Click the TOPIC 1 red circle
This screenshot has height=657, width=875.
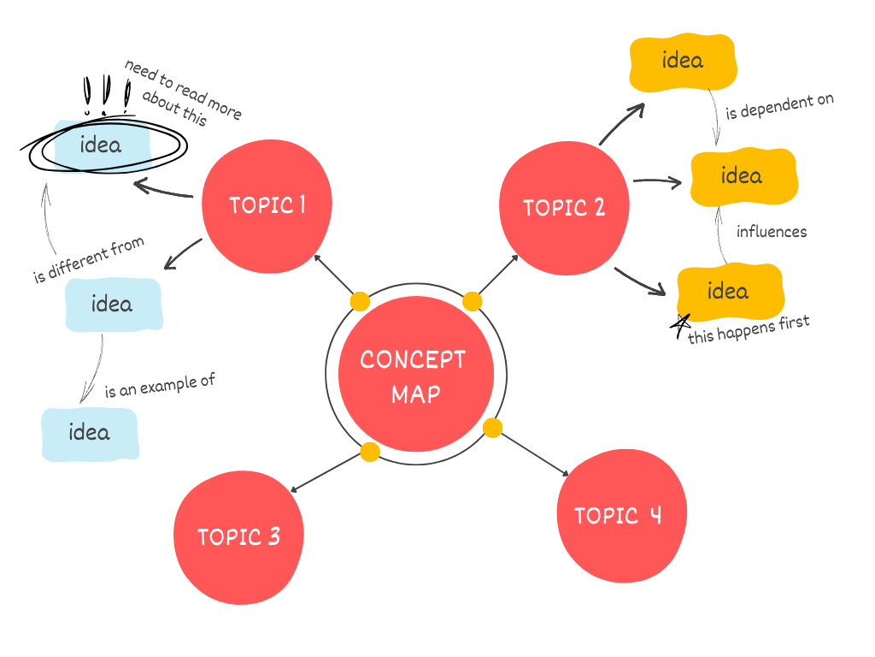[267, 205]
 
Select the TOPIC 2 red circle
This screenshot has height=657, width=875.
[564, 208]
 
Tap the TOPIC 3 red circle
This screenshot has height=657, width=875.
[238, 537]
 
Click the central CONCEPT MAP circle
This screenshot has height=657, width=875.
[415, 375]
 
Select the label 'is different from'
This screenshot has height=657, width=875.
[89, 260]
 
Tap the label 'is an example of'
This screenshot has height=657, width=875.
[159, 386]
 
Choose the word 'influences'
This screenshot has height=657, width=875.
[771, 232]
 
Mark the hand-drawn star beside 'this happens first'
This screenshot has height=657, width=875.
[680, 325]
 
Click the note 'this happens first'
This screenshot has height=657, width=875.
[749, 328]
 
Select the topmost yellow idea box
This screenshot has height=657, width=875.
[682, 62]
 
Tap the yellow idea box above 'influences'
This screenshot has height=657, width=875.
[742, 176]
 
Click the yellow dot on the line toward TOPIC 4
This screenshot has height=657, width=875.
[492, 428]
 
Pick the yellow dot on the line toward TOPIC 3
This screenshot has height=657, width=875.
[370, 452]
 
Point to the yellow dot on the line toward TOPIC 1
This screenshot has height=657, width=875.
[360, 301]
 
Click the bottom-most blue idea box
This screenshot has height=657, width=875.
[90, 433]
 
